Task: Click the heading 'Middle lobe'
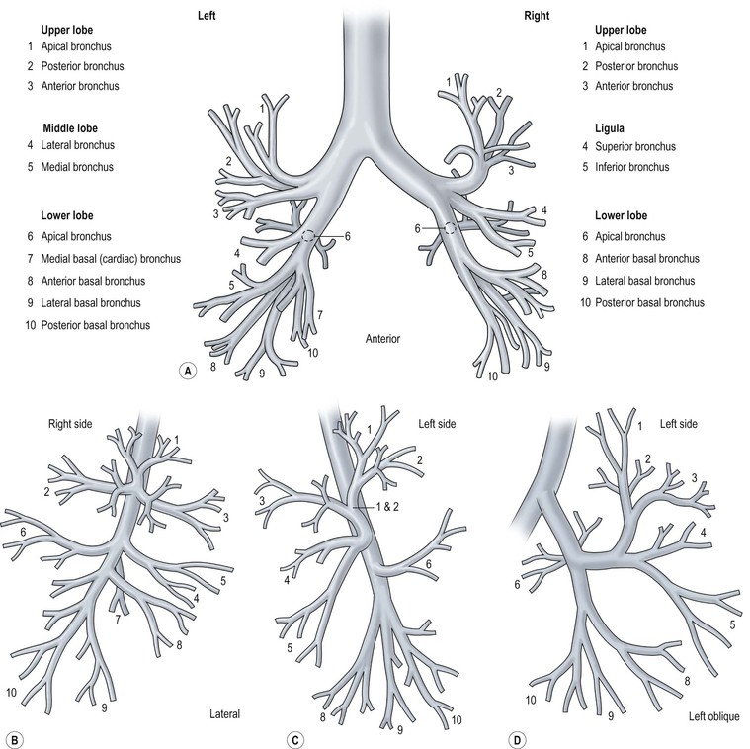coord(77,128)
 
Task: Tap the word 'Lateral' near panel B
coord(226,713)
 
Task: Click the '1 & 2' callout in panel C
coord(370,508)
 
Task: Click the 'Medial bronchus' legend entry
coord(77,168)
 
